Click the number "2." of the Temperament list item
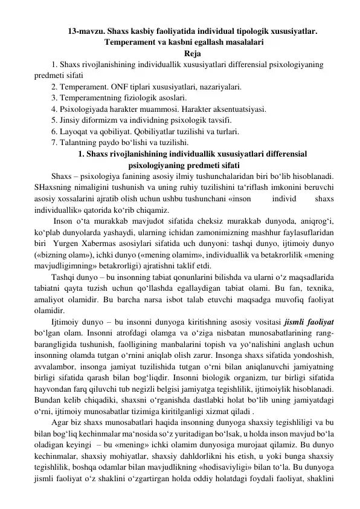55,86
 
